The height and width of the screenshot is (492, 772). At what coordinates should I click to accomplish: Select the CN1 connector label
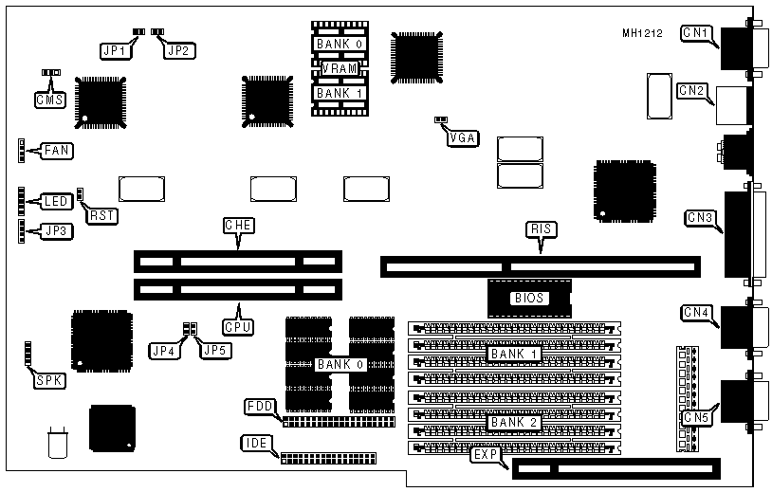pos(695,34)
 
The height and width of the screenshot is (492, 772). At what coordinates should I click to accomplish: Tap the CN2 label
pos(691,91)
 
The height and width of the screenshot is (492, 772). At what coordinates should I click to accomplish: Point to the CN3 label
pos(700,219)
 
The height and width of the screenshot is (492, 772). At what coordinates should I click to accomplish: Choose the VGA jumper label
pos(464,137)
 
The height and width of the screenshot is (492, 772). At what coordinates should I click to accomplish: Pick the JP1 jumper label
pos(116,50)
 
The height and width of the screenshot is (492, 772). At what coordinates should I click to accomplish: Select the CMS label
pos(48,99)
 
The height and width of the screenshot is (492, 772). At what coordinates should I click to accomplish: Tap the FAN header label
pos(57,150)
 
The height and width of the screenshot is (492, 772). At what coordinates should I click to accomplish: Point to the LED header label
pos(57,201)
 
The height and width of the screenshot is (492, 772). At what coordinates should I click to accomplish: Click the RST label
pos(101,216)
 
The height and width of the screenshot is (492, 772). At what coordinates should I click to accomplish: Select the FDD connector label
pos(259,407)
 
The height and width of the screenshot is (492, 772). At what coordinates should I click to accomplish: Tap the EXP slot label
pos(484,455)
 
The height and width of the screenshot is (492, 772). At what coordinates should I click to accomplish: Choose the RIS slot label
pos(541,228)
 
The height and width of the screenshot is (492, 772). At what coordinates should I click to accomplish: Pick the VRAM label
pos(339,68)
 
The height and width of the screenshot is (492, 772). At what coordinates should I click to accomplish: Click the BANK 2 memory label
pos(513,423)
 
